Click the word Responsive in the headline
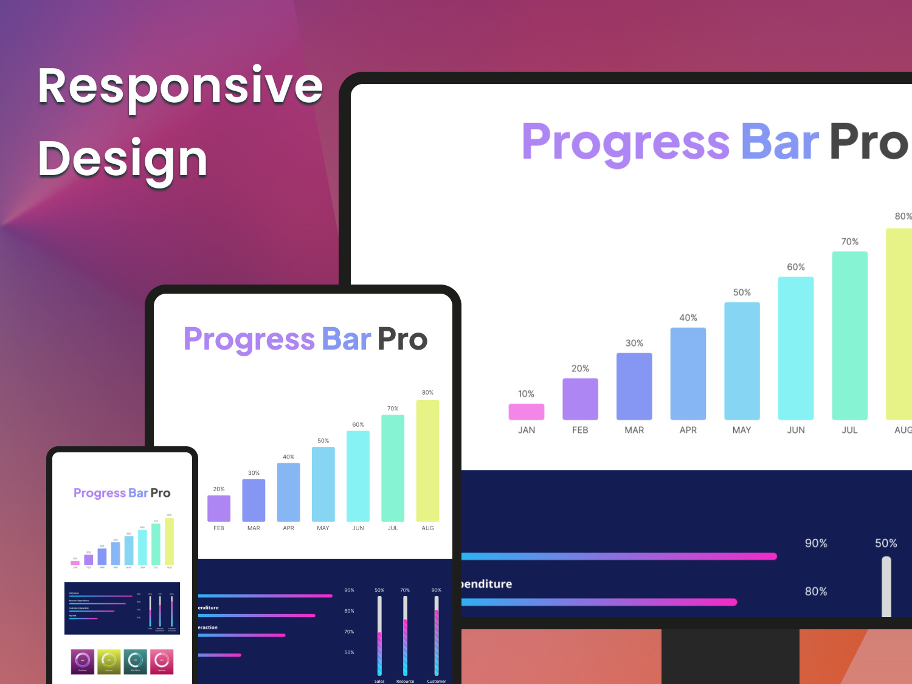click(180, 87)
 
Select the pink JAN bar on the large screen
click(526, 412)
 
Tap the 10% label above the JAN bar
click(526, 394)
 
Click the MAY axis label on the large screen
click(742, 430)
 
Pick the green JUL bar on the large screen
click(849, 336)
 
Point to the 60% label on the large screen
click(795, 267)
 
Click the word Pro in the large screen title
click(868, 142)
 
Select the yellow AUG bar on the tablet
click(427, 460)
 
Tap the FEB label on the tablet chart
click(219, 528)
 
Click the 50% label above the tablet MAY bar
click(323, 441)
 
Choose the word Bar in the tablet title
click(346, 339)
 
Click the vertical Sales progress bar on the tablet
click(379, 635)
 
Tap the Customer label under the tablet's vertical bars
click(436, 681)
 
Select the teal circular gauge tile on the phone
click(135, 662)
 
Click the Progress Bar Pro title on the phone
click(122, 493)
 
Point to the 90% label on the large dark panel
click(816, 543)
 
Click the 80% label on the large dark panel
click(816, 591)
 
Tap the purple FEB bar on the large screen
click(580, 399)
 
